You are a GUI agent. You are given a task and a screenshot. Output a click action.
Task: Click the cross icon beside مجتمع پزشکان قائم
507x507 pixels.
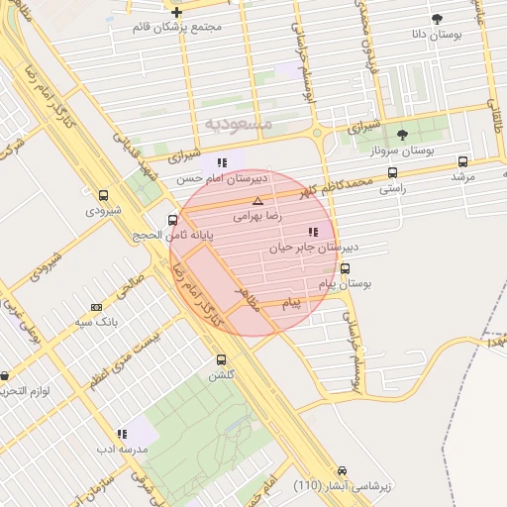coord(176,13)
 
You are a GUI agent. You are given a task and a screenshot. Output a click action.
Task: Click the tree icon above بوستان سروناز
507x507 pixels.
coord(401,135)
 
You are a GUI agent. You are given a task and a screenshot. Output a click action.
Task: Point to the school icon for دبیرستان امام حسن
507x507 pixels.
coord(222,162)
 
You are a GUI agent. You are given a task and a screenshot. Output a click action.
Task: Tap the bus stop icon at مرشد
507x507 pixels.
coord(462,161)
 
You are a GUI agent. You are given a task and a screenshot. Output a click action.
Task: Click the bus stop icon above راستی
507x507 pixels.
coord(392,172)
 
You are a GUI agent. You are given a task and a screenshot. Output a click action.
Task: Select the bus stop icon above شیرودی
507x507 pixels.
coord(103,196)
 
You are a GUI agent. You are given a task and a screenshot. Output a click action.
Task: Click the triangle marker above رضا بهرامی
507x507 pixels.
coord(258,200)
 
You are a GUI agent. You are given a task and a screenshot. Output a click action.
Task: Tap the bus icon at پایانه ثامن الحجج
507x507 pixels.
coord(173,220)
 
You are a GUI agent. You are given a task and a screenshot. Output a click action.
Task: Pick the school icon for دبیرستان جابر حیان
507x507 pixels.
coord(314,231)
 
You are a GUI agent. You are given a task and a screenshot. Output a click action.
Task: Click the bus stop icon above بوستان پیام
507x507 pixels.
coord(345,268)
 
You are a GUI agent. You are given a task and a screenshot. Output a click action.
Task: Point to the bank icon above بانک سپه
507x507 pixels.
coord(96,307)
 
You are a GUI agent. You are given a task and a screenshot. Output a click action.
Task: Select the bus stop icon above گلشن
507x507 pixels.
coord(220,360)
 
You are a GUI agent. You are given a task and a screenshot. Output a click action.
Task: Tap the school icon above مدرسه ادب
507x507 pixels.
coord(122,434)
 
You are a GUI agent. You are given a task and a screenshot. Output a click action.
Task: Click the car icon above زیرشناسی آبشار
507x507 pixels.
coord(342,470)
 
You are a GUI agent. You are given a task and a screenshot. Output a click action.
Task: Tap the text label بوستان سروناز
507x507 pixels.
coord(404,151)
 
